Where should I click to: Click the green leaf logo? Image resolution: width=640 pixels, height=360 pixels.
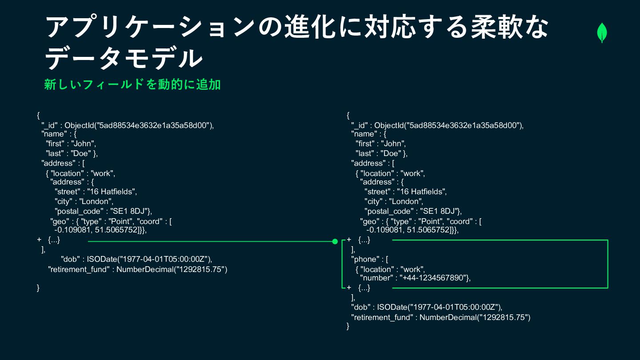pyautogui.click(x=602, y=33)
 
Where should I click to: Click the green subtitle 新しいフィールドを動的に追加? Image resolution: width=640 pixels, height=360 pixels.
pyautogui.click(x=132, y=84)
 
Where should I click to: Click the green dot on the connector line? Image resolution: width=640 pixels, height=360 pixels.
pyautogui.click(x=335, y=241)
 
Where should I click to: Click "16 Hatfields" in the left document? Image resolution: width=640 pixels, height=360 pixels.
pyautogui.click(x=112, y=192)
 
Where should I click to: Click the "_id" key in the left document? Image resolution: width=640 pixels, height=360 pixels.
pyautogui.click(x=50, y=125)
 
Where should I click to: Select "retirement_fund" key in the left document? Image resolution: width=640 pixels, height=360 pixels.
pyautogui.click(x=78, y=269)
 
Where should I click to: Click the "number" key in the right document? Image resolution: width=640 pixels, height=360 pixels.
pyautogui.click(x=377, y=278)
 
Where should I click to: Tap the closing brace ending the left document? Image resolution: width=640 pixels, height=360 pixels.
pyautogui.click(x=38, y=288)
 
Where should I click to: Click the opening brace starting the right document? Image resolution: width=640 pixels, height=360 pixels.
pyautogui.click(x=348, y=116)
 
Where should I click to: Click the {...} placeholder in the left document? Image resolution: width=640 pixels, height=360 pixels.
pyautogui.click(x=53, y=240)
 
